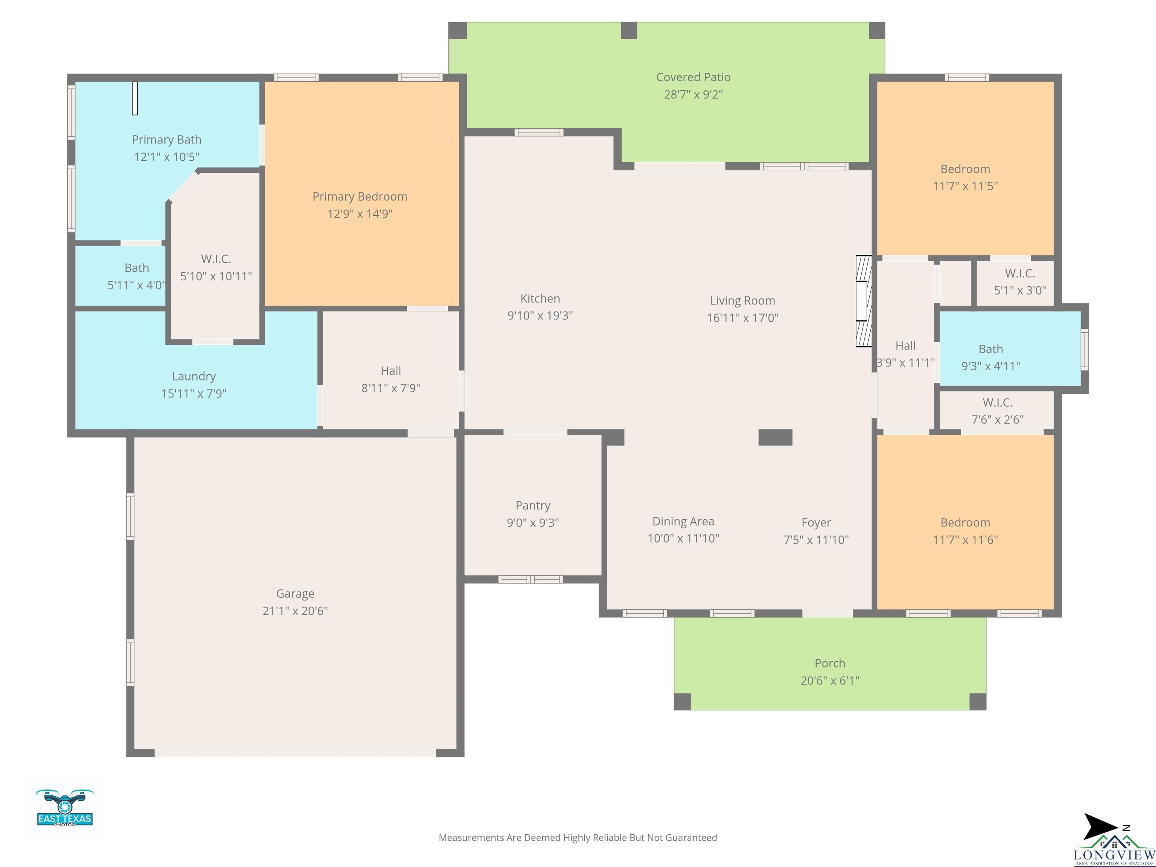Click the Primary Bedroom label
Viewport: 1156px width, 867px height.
(359, 196)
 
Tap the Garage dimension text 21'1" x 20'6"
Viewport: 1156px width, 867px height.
(295, 610)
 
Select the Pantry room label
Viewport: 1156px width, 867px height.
(532, 505)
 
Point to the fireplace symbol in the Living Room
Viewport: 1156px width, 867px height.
(863, 301)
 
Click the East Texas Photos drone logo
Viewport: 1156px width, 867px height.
(65, 808)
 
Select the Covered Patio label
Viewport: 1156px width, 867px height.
(693, 78)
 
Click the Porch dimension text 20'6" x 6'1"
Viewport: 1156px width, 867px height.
(830, 680)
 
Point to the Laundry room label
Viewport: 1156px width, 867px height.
(194, 376)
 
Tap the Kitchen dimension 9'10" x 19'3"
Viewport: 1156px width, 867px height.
(540, 316)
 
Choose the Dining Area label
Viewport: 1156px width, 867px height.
(683, 521)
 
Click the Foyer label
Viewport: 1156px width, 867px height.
(816, 523)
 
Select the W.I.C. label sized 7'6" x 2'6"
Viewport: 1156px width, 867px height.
(997, 402)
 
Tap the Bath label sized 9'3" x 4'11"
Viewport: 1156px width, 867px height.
(990, 349)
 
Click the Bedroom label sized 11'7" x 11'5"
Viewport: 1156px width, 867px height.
(965, 169)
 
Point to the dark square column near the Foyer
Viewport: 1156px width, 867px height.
(775, 437)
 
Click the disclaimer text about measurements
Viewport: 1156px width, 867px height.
(578, 838)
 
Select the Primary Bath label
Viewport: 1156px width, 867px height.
(166, 140)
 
